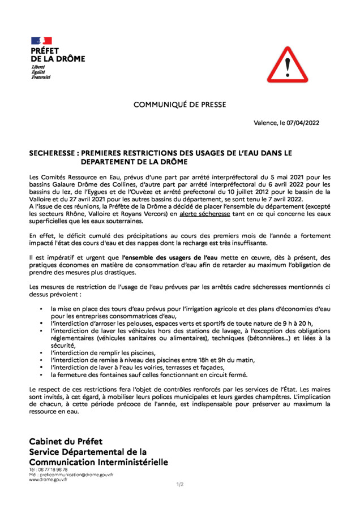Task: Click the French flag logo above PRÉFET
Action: click(41, 41)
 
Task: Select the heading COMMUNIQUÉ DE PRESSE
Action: click(179, 105)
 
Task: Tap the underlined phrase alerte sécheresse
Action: click(204, 214)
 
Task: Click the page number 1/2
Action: click(179, 484)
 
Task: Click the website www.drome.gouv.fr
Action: click(49, 480)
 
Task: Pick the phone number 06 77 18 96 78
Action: click(54, 469)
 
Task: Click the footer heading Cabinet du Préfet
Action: click(66, 441)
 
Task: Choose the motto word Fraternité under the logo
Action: click(41, 77)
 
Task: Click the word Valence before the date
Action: click(266, 123)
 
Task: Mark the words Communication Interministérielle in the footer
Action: click(99, 462)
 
